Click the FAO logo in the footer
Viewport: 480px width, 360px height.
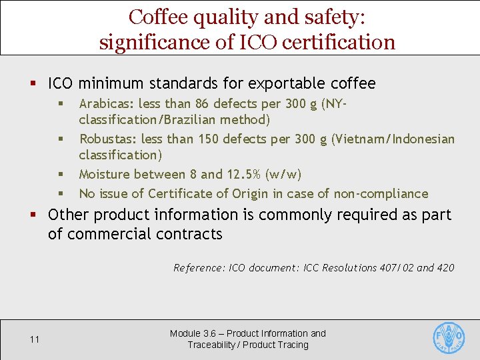[x=449, y=338]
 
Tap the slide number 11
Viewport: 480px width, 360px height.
[x=35, y=339]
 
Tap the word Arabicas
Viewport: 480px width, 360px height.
[x=106, y=104]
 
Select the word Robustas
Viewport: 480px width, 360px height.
[x=107, y=139]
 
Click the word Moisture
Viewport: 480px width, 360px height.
[x=104, y=175]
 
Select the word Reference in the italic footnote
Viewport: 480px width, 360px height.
[x=198, y=268]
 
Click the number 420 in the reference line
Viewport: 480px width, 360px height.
[x=445, y=268]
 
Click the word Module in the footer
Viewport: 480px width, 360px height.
[x=185, y=333]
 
